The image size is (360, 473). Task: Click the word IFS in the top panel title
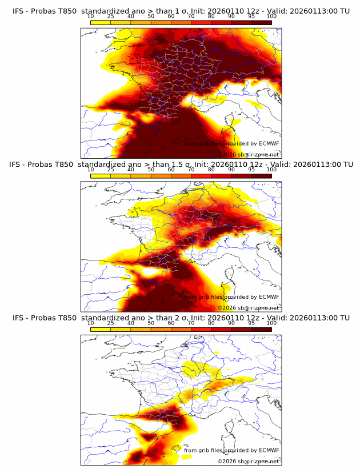pos(19,11)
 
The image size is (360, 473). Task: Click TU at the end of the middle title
pos(347,165)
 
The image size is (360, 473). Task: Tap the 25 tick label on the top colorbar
pos(110,17)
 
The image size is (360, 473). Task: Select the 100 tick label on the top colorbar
pos(271,17)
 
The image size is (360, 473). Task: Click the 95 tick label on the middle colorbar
pos(251,170)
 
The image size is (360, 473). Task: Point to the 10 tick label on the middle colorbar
pos(91,170)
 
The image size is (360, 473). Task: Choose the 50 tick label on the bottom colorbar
pos(151,323)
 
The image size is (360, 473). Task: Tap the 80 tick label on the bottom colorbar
pos(211,323)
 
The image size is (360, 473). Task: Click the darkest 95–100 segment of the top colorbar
pos(261,22)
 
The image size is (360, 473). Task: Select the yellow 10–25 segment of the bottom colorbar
pos(101,329)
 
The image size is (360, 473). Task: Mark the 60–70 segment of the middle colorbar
pos(181,175)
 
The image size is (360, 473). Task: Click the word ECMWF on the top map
pos(269,143)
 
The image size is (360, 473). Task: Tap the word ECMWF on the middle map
pos(269,296)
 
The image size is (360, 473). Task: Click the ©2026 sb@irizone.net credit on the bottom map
pos(248,461)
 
